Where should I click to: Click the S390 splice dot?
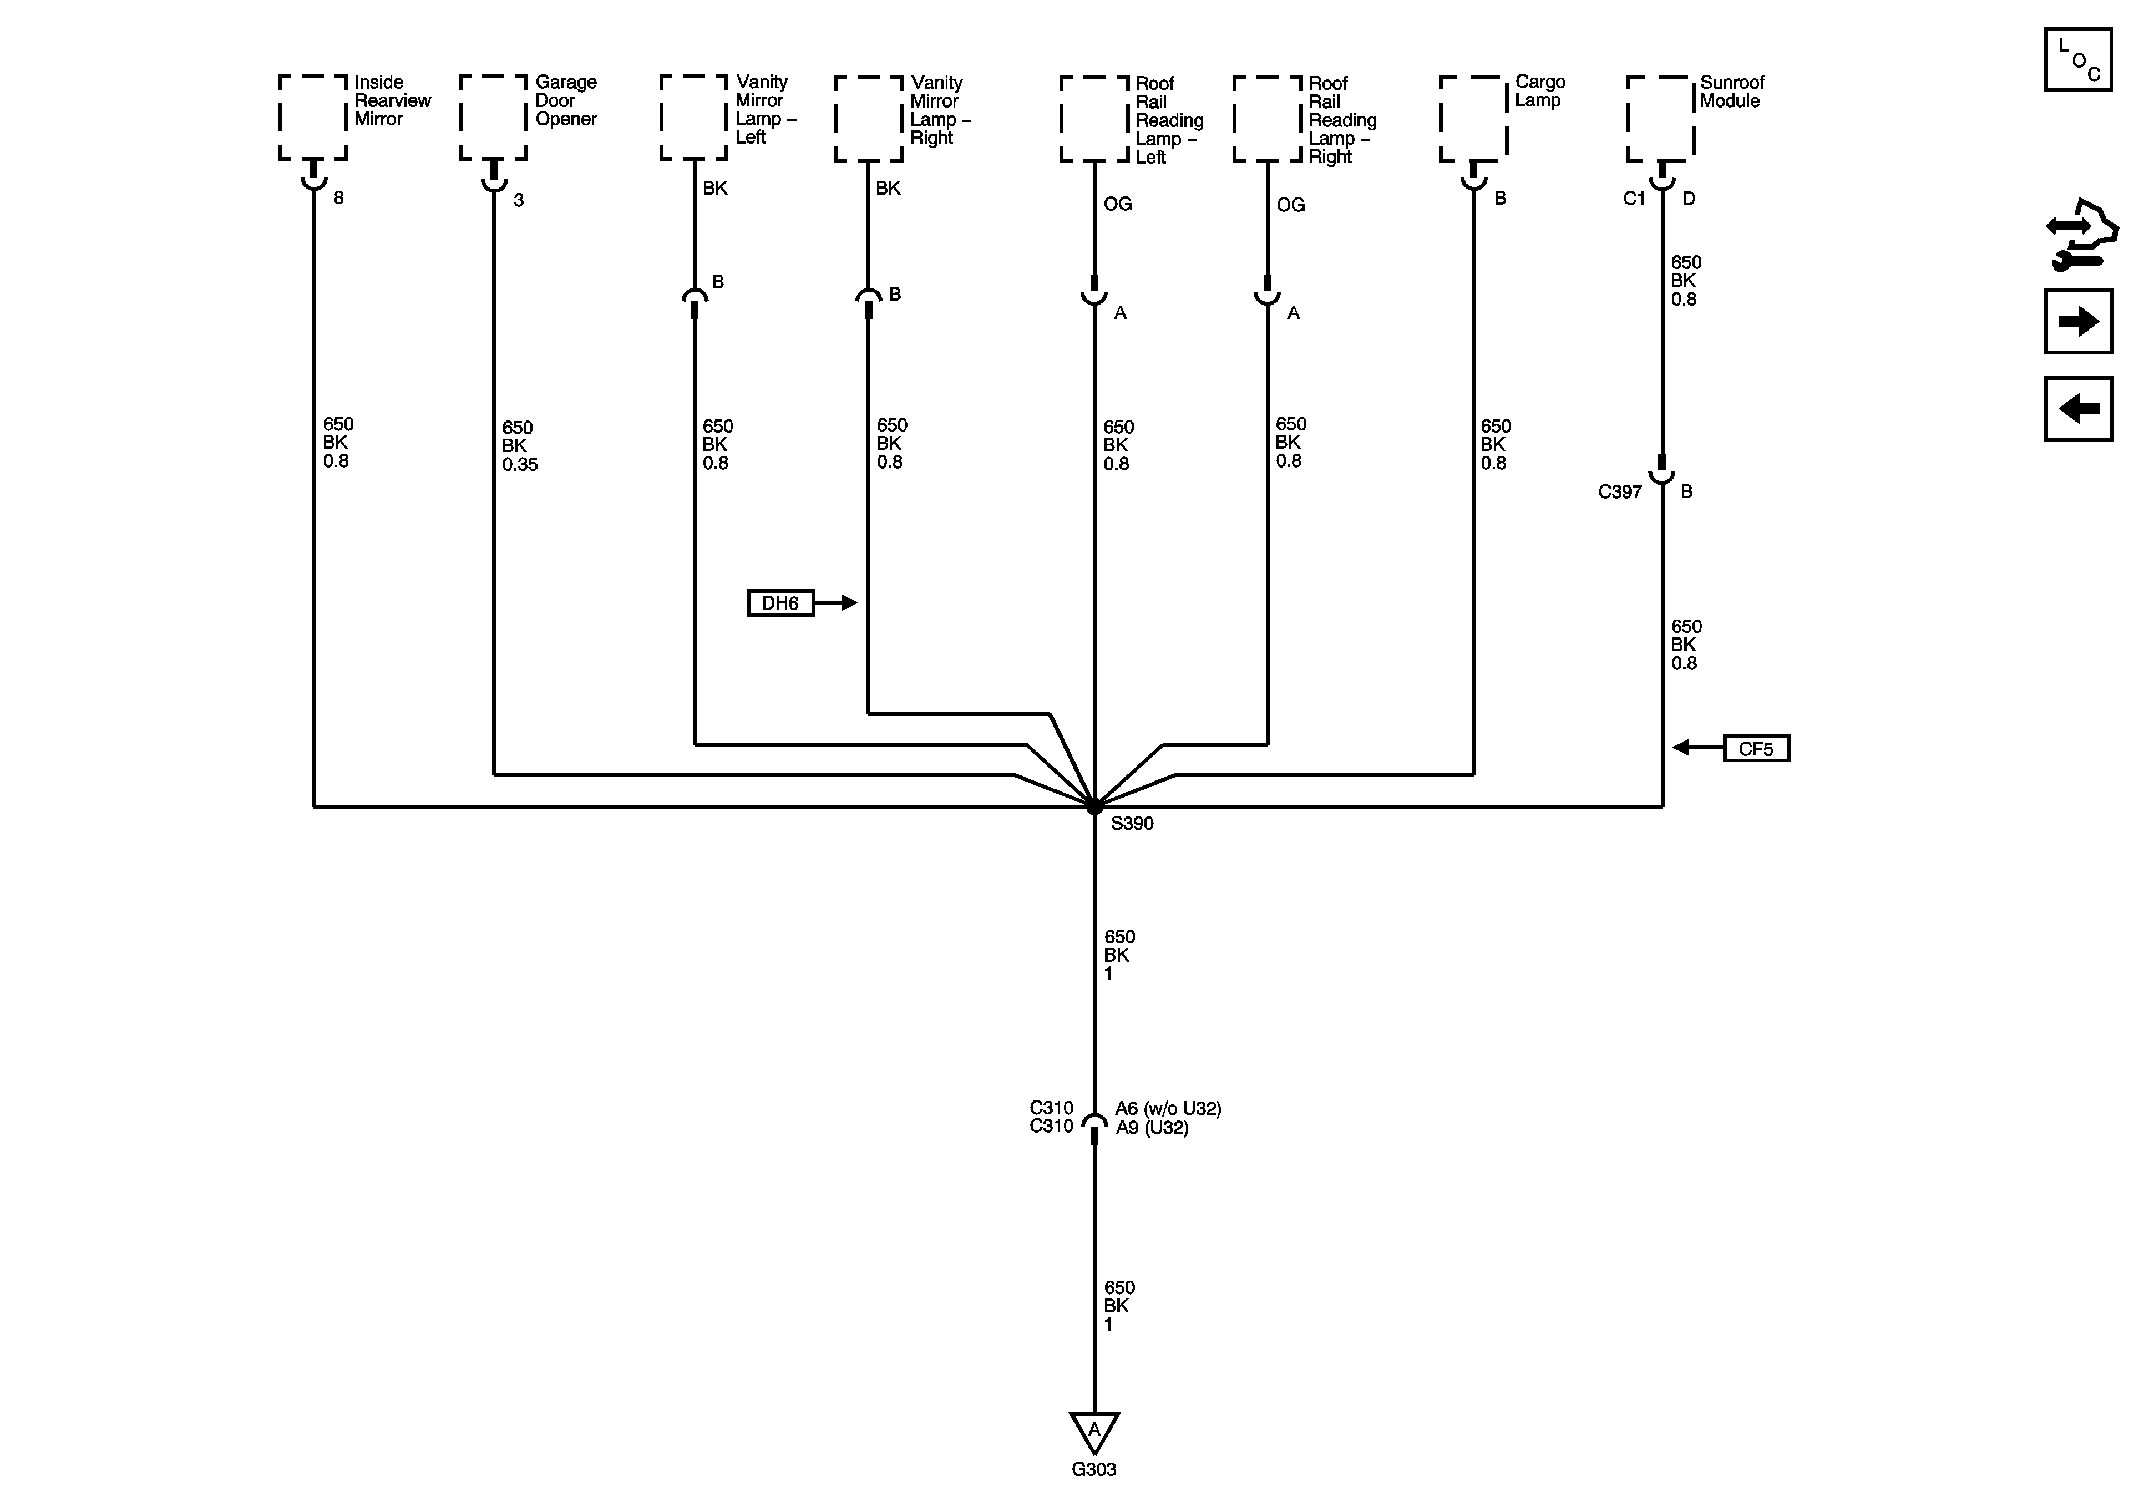point(1093,807)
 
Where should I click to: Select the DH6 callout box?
point(780,603)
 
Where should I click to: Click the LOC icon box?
point(2078,60)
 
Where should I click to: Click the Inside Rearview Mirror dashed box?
point(313,118)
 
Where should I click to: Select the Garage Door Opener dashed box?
point(493,118)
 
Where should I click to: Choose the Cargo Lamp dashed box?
point(1473,118)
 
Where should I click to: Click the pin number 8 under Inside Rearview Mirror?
point(339,199)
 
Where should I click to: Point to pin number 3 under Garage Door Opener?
point(519,200)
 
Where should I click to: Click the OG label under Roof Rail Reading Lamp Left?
point(1118,204)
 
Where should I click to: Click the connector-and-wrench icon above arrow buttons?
point(2080,234)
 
